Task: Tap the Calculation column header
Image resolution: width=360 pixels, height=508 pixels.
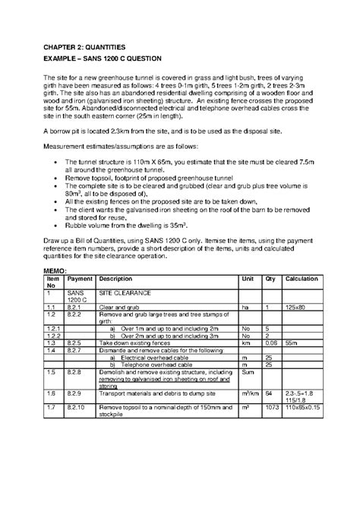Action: click(301, 279)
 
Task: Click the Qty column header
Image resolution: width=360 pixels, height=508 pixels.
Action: click(270, 279)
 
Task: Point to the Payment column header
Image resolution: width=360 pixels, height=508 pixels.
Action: click(78, 279)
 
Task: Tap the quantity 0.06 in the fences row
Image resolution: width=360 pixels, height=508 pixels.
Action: click(271, 342)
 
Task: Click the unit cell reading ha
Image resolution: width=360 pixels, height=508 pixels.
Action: click(245, 307)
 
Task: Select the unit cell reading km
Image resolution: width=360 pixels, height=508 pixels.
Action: click(245, 342)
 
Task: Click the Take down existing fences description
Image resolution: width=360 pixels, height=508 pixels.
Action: click(135, 342)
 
